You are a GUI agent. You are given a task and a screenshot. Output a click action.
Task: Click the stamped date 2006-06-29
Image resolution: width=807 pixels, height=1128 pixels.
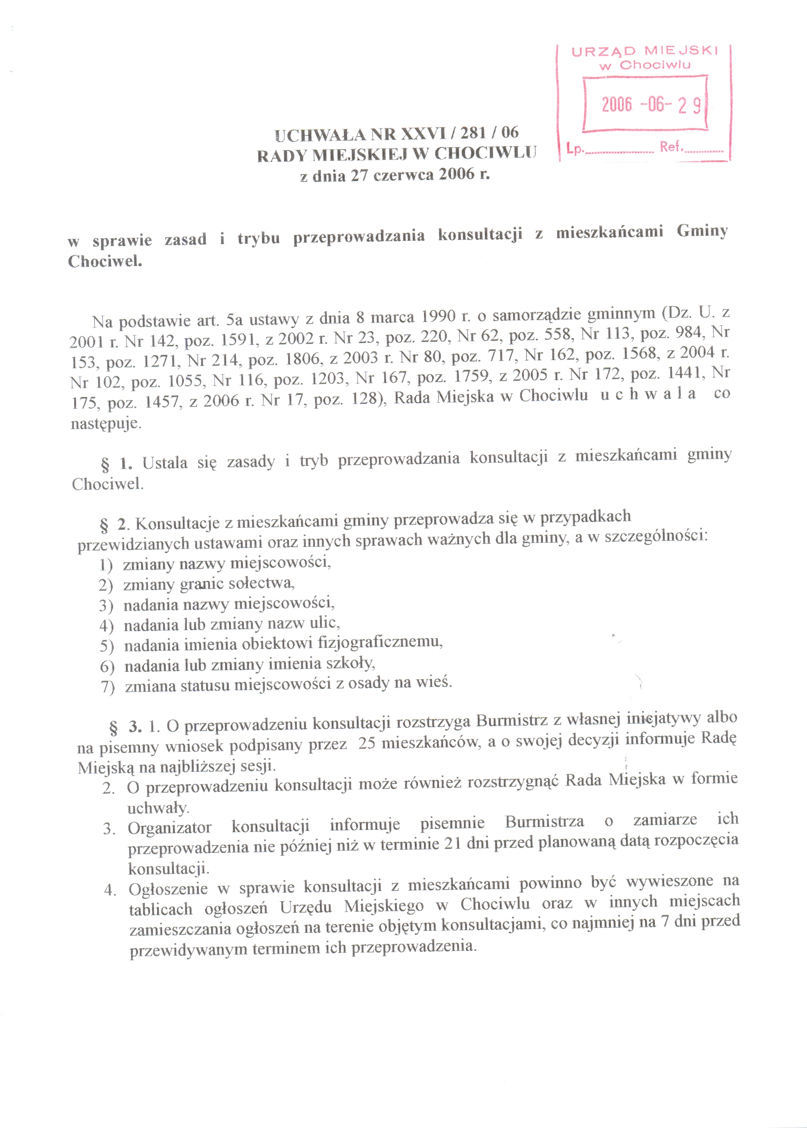651,104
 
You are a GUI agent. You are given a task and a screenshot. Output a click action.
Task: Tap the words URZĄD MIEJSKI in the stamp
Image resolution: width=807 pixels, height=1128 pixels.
645,51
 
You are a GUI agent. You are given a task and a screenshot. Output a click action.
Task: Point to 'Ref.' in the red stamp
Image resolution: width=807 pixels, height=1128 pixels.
671,147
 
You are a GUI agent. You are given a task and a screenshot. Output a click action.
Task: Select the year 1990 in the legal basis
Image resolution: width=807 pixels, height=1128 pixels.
438,316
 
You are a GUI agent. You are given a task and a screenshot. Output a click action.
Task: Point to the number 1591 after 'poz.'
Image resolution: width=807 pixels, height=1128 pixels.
237,340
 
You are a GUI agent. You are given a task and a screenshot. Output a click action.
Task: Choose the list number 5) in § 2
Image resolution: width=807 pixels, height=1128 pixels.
107,646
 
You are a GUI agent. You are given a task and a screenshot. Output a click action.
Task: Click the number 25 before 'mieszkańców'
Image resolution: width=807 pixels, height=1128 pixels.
367,744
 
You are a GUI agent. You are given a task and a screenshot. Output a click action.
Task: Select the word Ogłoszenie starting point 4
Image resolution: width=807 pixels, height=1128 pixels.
168,888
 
